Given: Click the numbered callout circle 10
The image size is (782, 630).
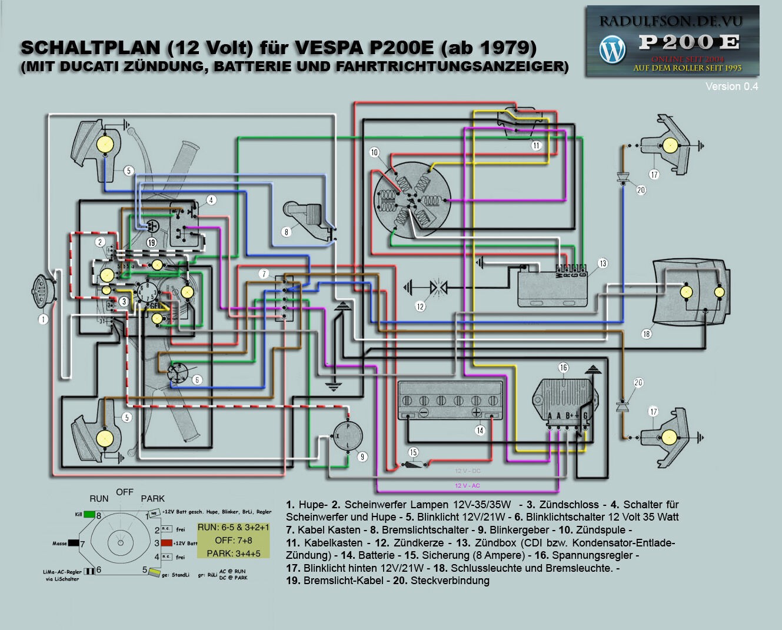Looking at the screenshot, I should pyautogui.click(x=374, y=152).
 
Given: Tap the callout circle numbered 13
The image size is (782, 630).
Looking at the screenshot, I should pyautogui.click(x=603, y=264).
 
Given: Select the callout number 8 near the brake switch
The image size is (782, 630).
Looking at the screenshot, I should pyautogui.click(x=287, y=232).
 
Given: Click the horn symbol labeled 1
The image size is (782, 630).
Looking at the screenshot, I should pyautogui.click(x=42, y=292).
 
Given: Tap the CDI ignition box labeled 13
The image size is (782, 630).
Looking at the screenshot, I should pyautogui.click(x=552, y=285).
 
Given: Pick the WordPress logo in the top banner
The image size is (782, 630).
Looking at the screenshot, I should pyautogui.click(x=612, y=49).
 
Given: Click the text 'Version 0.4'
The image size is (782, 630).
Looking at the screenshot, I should pyautogui.click(x=731, y=86).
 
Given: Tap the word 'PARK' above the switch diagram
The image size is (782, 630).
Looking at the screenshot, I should pyautogui.click(x=152, y=499).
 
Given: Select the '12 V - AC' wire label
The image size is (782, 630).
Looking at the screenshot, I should pyautogui.click(x=467, y=486).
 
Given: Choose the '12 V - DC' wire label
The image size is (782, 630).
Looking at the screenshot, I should pyautogui.click(x=467, y=471).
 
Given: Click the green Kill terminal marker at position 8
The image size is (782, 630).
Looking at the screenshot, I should pyautogui.click(x=89, y=514).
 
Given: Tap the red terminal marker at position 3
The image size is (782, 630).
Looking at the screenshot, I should pyautogui.click(x=167, y=543).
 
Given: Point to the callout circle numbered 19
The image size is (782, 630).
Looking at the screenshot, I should pyautogui.click(x=151, y=242).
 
